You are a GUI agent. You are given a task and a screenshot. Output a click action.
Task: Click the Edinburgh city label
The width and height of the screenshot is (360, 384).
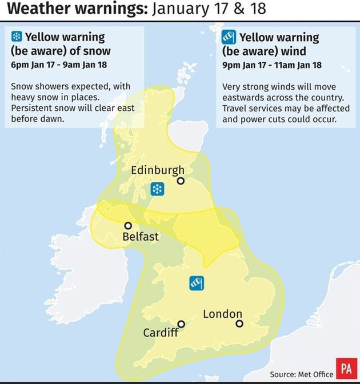click(158, 170)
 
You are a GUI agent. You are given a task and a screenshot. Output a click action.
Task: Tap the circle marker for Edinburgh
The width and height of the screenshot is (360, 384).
click(181, 181)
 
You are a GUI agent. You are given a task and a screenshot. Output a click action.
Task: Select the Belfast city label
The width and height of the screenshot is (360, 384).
click(140, 236)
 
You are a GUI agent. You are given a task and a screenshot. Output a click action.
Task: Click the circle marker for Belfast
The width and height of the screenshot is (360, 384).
click(128, 226)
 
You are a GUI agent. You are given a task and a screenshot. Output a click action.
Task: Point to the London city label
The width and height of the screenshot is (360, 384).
click(222, 314)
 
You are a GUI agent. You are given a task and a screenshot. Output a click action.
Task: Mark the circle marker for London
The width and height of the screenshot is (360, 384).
click(239, 323)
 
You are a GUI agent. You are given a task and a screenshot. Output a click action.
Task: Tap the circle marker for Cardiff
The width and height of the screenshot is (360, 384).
click(181, 323)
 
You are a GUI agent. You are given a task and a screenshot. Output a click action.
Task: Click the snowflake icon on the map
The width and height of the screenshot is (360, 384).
click(157, 189)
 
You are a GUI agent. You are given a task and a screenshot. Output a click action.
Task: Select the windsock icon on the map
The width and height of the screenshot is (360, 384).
click(197, 282)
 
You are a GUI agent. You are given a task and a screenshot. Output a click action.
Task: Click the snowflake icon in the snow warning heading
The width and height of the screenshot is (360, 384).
click(17, 37)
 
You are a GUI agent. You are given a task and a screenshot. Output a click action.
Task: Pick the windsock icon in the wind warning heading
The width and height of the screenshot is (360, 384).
click(229, 38)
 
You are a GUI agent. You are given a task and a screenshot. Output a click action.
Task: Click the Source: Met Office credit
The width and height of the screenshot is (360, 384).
click(302, 374)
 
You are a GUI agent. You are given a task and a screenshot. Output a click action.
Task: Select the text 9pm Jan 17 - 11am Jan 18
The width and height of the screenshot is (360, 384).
click(271, 65)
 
